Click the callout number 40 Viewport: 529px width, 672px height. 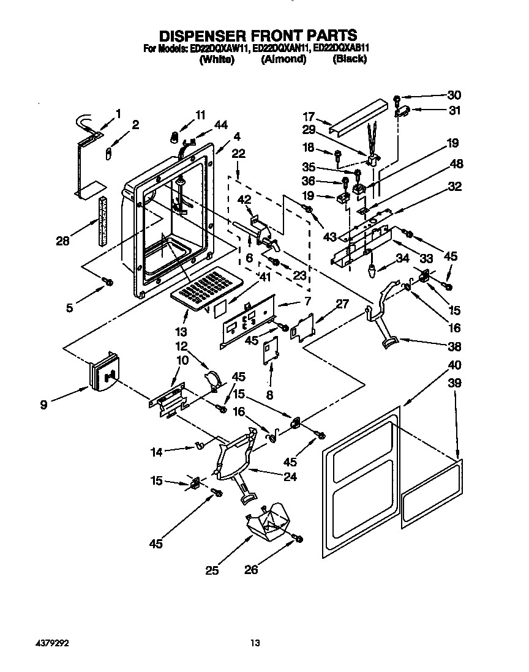(454, 365)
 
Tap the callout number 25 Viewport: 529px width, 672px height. (211, 570)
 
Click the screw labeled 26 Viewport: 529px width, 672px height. (299, 538)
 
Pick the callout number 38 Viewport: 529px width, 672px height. (454, 346)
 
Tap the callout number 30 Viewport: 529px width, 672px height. (454, 95)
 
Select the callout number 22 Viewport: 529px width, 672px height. (239, 154)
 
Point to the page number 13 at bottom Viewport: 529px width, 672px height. (255, 643)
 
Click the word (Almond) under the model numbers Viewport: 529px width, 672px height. (283, 59)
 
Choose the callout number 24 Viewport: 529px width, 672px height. (290, 477)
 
